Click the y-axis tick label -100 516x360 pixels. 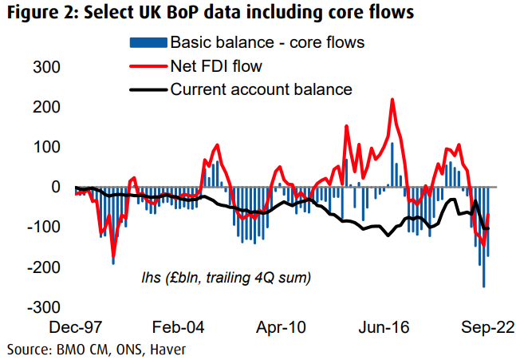pyautogui.click(x=41, y=227)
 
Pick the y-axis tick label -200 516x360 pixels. pyautogui.click(x=41, y=267)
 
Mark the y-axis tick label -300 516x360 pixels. pyautogui.click(x=41, y=307)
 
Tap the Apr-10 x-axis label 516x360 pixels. pyautogui.click(x=282, y=327)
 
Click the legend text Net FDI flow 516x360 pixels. pyautogui.click(x=215, y=65)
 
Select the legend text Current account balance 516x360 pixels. pyautogui.click(x=262, y=89)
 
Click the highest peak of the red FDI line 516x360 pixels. pyautogui.click(x=392, y=100)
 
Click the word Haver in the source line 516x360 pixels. pyautogui.click(x=165, y=348)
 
